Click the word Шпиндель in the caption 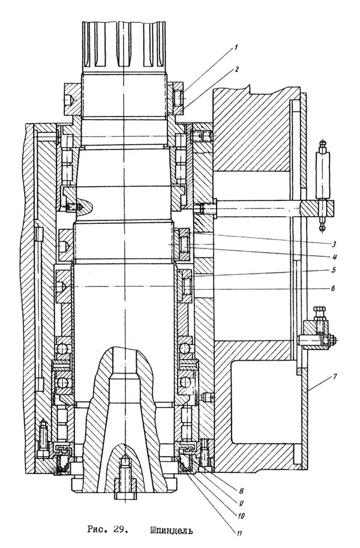pyautogui.click(x=171, y=530)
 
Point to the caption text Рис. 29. pyautogui.click(x=104, y=530)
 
